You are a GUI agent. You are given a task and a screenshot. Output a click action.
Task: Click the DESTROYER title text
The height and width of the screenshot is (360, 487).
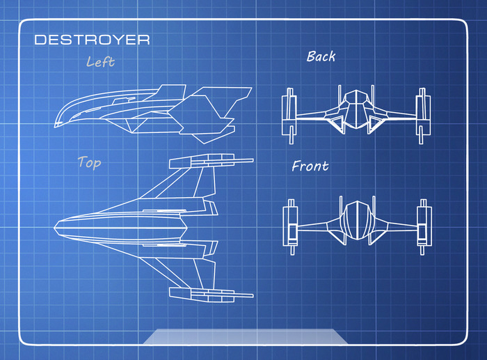tap(92, 40)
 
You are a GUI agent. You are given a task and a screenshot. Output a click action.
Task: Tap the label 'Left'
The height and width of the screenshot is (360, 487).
tap(100, 62)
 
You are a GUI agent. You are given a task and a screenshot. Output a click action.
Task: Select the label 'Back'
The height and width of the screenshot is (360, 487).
tap(321, 56)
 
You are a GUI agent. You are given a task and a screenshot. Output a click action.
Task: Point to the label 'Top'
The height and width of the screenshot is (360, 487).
tap(89, 163)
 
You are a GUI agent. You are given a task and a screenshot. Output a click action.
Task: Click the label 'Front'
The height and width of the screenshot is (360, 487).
tap(310, 166)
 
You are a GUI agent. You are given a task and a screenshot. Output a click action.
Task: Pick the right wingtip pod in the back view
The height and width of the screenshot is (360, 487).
tap(421, 114)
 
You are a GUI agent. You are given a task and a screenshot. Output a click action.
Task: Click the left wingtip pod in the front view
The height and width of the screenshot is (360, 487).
tap(289, 224)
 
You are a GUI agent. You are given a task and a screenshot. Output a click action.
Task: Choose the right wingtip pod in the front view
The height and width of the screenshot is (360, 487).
tap(422, 224)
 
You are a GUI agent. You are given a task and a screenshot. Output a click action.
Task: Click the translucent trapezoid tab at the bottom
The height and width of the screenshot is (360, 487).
tap(245, 336)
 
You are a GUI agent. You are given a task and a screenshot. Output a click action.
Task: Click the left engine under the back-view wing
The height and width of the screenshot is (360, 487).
tap(334, 123)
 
